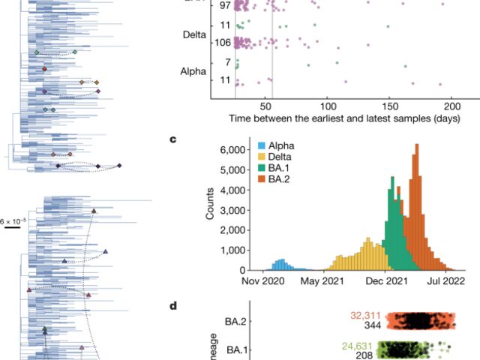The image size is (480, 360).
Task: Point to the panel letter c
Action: pyautogui.click(x=174, y=139)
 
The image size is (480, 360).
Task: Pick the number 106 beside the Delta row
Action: pyautogui.click(x=223, y=43)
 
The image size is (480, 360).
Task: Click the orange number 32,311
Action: pyautogui.click(x=367, y=316)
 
